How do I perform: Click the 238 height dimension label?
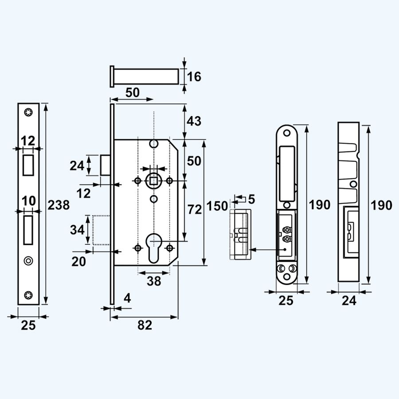[x=59, y=205]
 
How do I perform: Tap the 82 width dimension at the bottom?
[x=145, y=325]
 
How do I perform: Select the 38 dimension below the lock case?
[x=154, y=281]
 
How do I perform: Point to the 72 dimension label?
[x=195, y=210]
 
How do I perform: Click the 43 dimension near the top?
[x=194, y=121]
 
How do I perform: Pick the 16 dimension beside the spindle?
[x=194, y=77]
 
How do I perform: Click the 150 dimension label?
[x=217, y=206]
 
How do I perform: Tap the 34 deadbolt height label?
[x=77, y=230]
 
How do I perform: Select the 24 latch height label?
[x=77, y=166]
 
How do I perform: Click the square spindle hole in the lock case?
[x=154, y=181]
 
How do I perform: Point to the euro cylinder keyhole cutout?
[x=153, y=248]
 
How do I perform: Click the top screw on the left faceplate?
[x=28, y=112]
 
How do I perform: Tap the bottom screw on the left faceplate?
[x=28, y=295]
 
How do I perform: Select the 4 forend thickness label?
[x=127, y=298]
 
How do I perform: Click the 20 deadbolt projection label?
[x=78, y=262]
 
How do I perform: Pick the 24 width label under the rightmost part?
[x=349, y=301]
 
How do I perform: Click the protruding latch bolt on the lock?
[x=106, y=165]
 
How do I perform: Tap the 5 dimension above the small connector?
[x=251, y=199]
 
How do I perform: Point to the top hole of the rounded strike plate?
[x=287, y=133]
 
